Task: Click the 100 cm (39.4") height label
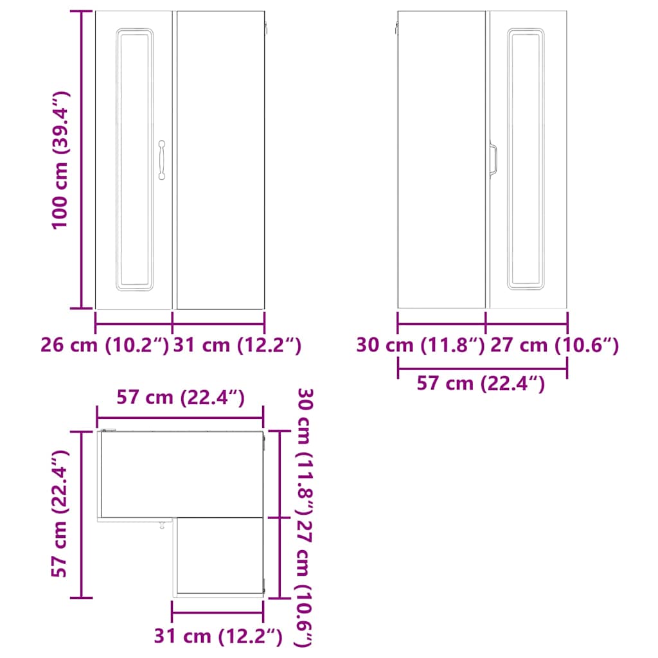(x=60, y=160)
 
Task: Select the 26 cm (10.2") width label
(x=105, y=345)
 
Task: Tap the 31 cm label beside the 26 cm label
(x=237, y=345)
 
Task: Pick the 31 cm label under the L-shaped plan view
(x=218, y=636)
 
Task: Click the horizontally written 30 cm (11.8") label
(x=421, y=345)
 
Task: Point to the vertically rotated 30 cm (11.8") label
(x=305, y=452)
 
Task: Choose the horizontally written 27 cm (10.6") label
(x=555, y=345)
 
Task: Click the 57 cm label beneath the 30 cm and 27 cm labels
(x=481, y=383)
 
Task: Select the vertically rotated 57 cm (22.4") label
(x=60, y=513)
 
